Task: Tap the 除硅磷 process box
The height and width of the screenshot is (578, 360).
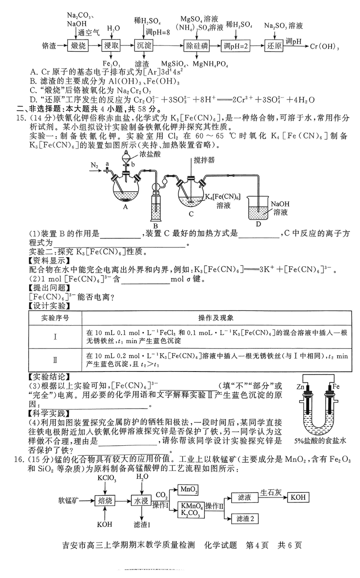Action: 197,46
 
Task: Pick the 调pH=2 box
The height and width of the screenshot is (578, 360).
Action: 235,46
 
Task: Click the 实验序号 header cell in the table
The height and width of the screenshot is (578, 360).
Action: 55,318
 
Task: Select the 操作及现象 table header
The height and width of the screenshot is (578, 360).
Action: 216,318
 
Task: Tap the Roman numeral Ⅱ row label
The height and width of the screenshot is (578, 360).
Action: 55,360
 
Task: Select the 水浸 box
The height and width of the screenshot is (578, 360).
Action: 140,500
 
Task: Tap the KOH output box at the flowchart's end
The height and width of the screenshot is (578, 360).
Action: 298,497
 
